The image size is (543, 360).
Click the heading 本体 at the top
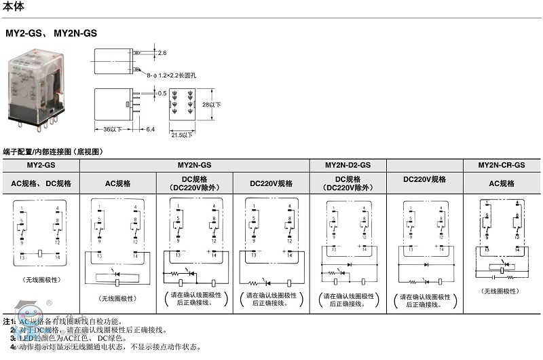(14, 7)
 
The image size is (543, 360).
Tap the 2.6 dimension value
(162, 52)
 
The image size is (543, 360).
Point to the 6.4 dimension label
(150, 129)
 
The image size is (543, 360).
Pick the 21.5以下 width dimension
(181, 135)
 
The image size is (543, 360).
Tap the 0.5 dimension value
(162, 93)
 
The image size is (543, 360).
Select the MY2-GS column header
(41, 165)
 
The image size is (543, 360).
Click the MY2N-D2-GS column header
(348, 165)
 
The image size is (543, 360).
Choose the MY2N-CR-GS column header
(502, 165)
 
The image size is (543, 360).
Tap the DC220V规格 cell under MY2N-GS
(271, 183)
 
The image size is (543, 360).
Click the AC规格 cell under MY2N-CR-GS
(502, 183)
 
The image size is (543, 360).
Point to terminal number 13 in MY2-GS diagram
(22, 257)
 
